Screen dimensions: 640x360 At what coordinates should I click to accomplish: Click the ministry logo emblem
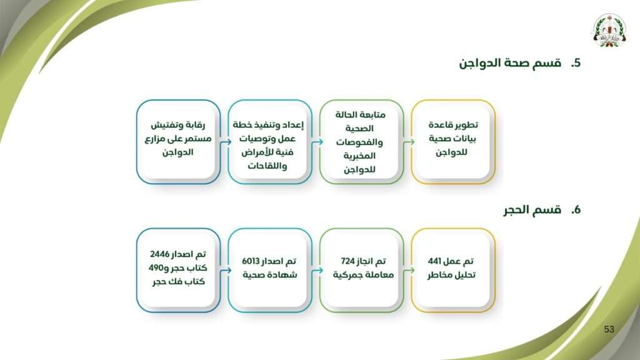[609, 31]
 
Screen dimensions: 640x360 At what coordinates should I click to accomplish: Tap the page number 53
[609, 329]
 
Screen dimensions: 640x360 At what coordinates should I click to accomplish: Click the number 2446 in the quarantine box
[161, 254]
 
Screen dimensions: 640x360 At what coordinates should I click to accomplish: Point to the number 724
[349, 261]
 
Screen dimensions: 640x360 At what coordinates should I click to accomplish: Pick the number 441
[436, 261]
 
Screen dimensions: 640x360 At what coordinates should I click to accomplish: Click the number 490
[156, 268]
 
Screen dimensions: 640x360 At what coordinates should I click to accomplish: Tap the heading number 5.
[576, 63]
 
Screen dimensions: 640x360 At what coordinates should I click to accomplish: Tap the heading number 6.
[576, 210]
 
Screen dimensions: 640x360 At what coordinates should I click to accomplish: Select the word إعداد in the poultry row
[292, 125]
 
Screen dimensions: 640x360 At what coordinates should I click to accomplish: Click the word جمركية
[349, 275]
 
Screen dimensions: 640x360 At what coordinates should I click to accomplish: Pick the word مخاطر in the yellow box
[439, 275]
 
